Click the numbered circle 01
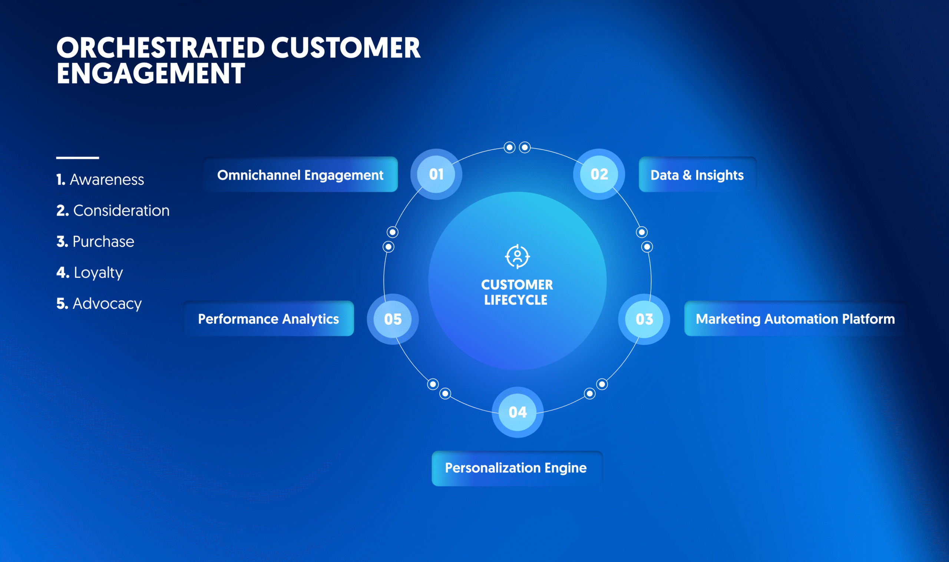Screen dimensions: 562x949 point(436,174)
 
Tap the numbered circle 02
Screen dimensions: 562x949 point(599,174)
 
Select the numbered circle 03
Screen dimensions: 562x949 point(644,319)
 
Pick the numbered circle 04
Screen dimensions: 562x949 point(518,412)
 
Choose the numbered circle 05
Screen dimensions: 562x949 point(393,319)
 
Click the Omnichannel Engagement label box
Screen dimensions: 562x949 point(300,174)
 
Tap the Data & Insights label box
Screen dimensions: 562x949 point(697,174)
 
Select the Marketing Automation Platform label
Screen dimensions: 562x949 point(795,319)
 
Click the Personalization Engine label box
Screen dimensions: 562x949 point(516,468)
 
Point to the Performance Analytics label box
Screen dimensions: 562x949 point(268,319)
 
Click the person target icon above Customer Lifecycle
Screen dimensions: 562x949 point(517,256)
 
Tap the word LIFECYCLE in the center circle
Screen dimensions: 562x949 point(516,300)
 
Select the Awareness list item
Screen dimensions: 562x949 point(100,180)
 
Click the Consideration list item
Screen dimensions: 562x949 point(113,210)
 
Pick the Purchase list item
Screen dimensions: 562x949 point(96,242)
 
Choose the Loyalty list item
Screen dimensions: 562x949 point(90,273)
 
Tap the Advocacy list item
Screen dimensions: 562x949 point(99,304)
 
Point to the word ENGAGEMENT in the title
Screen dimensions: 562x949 point(151,73)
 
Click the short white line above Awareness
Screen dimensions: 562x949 point(78,157)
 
